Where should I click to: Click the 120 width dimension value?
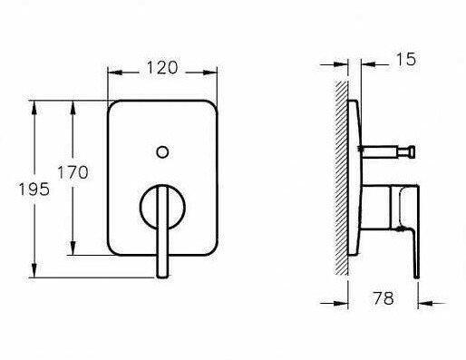[162, 68]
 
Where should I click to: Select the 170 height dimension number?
[73, 172]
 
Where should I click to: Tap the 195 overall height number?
[34, 190]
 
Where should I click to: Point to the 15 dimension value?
[406, 59]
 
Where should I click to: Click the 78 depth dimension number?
[383, 298]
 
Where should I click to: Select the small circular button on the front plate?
[162, 152]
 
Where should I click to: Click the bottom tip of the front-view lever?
[162, 276]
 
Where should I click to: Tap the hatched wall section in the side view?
[341, 178]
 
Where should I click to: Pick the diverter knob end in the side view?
[411, 151]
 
